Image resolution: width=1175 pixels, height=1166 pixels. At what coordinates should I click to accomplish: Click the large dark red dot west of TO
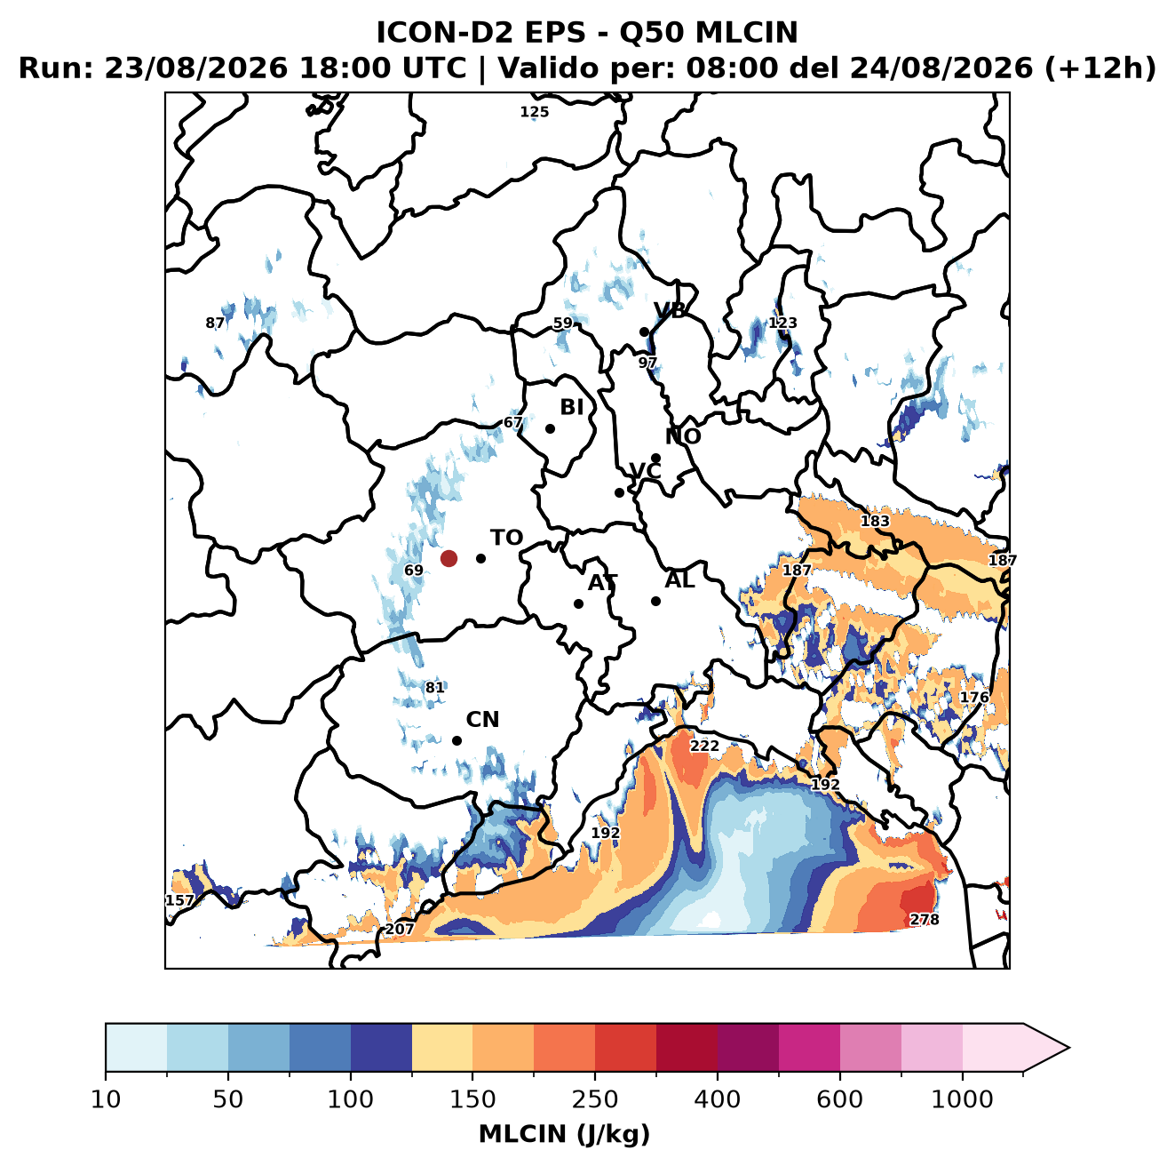pos(449,558)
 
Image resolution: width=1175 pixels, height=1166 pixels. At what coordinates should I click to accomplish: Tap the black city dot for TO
pos(480,558)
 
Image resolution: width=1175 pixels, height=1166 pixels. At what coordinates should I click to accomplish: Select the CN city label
pos(482,720)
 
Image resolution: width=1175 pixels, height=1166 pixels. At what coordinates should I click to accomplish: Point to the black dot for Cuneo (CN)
pos(457,740)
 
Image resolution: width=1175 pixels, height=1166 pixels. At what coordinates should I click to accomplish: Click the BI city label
pos(571,407)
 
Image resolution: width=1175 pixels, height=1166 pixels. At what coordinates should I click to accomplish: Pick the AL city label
pos(679,579)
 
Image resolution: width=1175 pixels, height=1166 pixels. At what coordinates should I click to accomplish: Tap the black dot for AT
pos(578,604)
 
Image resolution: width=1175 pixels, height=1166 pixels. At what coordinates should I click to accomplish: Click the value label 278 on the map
pos(924,920)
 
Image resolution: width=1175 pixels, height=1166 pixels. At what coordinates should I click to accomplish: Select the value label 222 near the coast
pos(704,747)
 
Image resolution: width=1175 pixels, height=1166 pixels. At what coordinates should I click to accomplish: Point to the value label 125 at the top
pos(534,112)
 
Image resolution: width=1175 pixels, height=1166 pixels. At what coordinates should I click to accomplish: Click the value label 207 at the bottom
pos(400,930)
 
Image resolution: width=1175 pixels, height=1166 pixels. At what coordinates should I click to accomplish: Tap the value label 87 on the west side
pos(215,323)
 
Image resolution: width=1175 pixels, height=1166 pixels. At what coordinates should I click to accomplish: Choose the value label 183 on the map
pos(875,521)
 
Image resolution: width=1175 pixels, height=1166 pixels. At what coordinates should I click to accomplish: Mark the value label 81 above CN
pos(434,688)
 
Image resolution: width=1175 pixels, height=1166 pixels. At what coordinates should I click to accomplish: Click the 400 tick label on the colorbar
pos(717,1099)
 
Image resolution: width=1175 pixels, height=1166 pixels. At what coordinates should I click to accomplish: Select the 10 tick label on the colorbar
pos(106,1099)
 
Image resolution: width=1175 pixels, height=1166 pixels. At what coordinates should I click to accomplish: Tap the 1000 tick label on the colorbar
pos(962,1099)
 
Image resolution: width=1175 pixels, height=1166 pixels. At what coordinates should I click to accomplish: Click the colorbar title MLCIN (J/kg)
pos(564,1134)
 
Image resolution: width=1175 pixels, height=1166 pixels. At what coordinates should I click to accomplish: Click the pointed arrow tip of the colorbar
pos(1068,1048)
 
